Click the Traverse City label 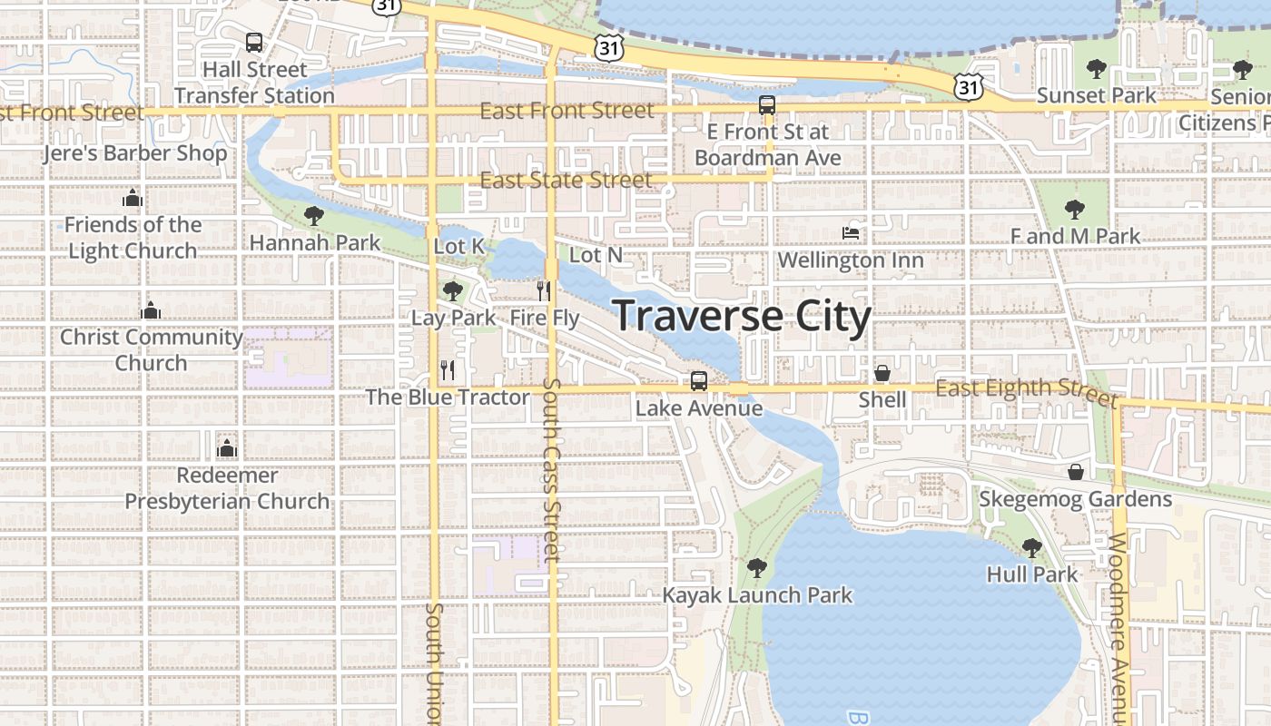742,316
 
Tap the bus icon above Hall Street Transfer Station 254,42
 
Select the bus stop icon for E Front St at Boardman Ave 767,105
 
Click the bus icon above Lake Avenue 698,381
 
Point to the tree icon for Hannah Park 314,216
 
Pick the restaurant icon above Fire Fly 544,290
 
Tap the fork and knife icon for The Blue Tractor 447,369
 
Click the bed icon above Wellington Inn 851,233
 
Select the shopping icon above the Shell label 882,373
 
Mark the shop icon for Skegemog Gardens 1076,472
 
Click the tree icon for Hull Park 1031,547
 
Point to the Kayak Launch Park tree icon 756,568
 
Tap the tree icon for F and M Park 1075,210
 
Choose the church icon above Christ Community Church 151,310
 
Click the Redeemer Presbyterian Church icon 226,448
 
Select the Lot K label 459,246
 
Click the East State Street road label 566,180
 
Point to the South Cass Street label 552,469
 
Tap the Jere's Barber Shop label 135,152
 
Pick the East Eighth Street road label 1026,391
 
